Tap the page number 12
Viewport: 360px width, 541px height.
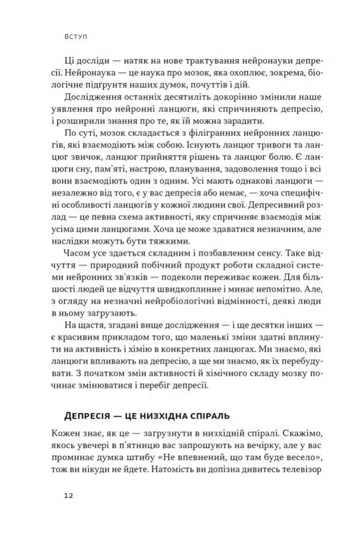point(68,496)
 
